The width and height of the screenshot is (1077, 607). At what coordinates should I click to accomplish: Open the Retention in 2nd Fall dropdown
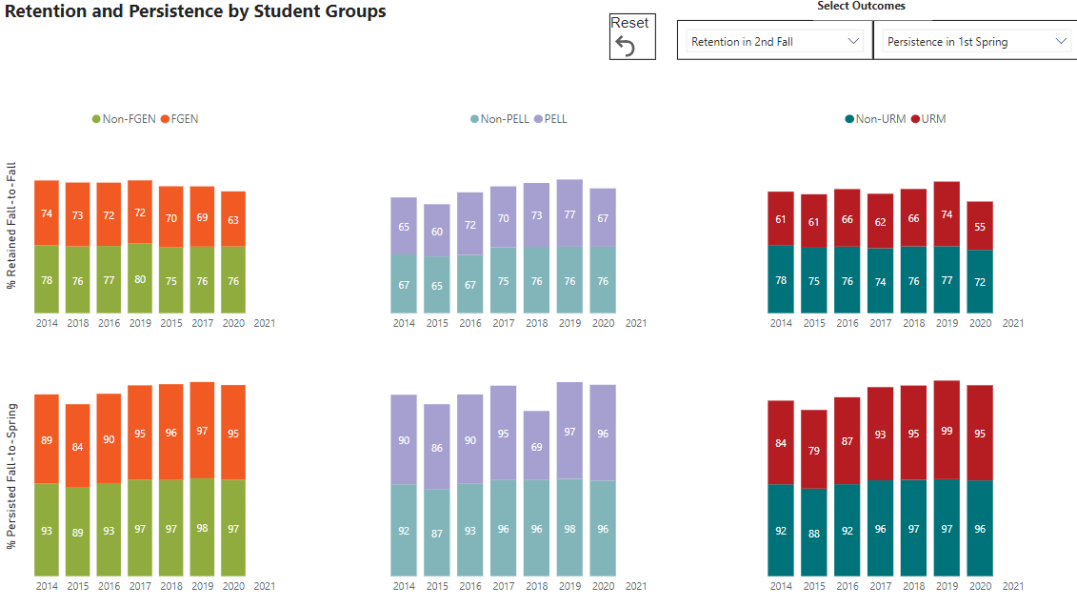774,42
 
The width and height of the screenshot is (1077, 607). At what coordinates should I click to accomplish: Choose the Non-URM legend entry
875,119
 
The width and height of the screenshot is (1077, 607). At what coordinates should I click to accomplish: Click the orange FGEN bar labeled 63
233,219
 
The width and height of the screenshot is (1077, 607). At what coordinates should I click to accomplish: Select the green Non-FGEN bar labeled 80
140,279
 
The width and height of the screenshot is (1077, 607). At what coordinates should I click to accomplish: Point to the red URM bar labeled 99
947,430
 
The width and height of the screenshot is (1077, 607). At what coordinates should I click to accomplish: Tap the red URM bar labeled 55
980,226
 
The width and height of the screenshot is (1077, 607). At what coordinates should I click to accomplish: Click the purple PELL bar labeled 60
437,231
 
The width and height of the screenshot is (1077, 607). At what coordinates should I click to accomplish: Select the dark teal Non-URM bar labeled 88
814,532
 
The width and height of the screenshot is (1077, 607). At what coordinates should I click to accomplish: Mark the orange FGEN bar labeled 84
78,446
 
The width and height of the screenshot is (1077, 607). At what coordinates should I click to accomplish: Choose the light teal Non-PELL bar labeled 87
437,533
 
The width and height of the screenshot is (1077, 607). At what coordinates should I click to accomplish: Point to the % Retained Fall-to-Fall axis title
12,225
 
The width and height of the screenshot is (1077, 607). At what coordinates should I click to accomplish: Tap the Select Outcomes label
861,7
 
